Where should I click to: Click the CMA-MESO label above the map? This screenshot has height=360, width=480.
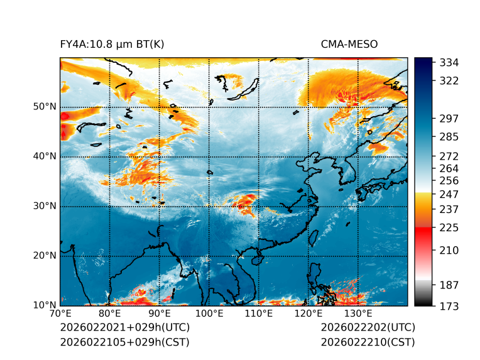pos(349,44)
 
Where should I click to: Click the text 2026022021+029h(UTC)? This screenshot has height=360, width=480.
pos(124,328)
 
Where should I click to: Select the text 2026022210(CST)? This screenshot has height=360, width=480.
pos(368,342)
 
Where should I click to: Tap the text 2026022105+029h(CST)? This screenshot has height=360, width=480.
pos(124,342)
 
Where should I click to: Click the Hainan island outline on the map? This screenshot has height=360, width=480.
pos(256,259)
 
